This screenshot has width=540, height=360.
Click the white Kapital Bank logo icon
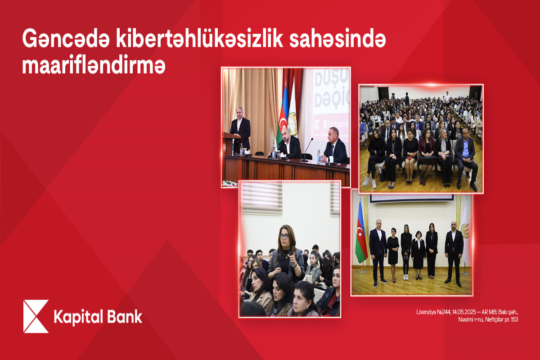coord(36,316)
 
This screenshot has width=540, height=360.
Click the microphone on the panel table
coord(307,148)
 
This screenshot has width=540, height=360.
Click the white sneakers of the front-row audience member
coord(369,182)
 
